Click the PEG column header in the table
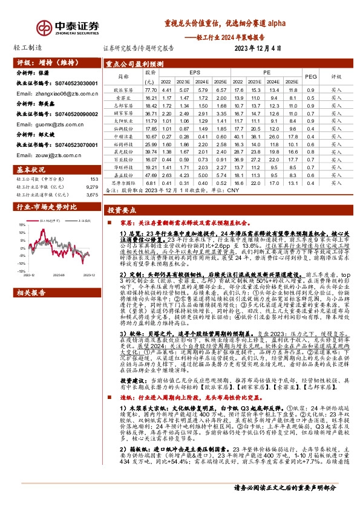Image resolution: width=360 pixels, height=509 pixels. click(311, 76)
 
